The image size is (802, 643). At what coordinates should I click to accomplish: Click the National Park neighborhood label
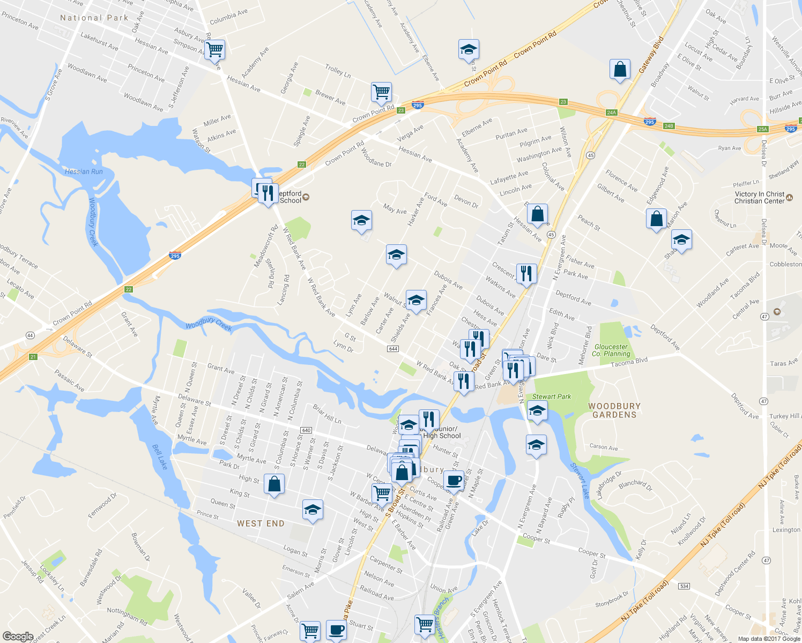point(94,18)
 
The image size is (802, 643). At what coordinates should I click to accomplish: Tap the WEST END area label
point(261,524)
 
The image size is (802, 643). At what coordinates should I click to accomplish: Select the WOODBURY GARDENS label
point(614,410)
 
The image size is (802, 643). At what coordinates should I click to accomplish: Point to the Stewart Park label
point(552,397)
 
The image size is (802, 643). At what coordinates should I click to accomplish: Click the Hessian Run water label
point(84,171)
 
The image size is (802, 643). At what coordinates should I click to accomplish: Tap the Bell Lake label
point(160,457)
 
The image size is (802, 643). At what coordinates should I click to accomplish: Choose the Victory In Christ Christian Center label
point(760,198)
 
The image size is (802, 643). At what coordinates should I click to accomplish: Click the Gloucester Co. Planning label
point(611,350)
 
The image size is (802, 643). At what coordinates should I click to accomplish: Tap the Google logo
point(18,637)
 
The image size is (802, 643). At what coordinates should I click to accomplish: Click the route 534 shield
point(684,586)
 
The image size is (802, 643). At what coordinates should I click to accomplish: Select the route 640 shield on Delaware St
point(306,430)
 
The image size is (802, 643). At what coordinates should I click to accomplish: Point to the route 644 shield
point(392,349)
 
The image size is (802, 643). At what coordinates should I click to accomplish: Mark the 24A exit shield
point(611,113)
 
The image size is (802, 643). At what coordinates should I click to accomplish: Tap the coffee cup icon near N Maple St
point(454,480)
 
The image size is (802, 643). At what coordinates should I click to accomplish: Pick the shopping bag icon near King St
point(274,484)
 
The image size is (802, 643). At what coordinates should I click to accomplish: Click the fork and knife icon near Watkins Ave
point(526,274)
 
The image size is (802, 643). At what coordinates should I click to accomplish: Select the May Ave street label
point(395,209)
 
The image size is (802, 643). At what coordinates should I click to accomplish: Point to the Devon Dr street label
point(466,201)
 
